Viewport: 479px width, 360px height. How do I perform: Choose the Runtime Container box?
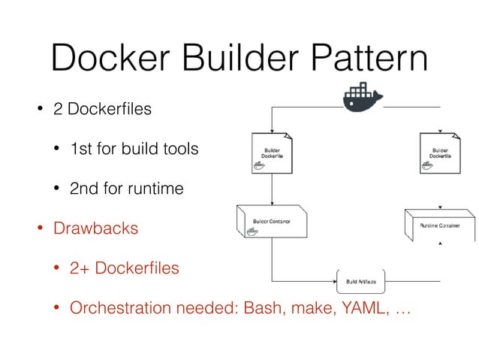click(x=439, y=225)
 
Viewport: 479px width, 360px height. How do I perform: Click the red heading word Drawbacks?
click(x=95, y=228)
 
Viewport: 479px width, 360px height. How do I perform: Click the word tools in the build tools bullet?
click(x=179, y=149)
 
